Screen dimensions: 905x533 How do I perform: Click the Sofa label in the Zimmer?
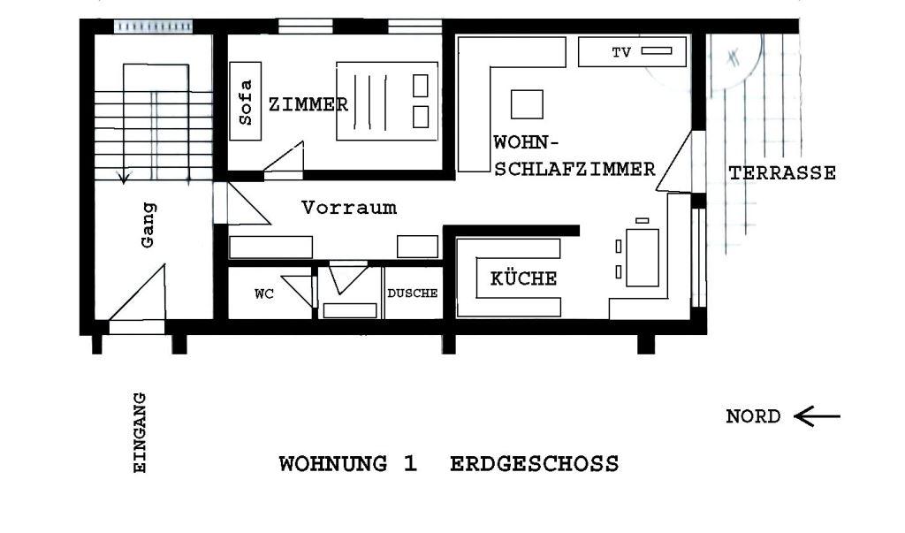(x=246, y=103)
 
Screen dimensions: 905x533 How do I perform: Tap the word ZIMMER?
(x=308, y=104)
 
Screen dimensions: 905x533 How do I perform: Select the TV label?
(x=621, y=52)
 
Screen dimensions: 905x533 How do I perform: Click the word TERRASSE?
(x=782, y=172)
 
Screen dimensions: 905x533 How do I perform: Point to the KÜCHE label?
(x=523, y=278)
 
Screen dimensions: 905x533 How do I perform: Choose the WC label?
(x=264, y=294)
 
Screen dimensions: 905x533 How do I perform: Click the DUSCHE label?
(x=412, y=293)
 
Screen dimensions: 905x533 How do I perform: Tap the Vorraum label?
(x=349, y=208)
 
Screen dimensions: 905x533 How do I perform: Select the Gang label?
(x=148, y=225)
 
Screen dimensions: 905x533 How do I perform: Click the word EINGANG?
(x=141, y=432)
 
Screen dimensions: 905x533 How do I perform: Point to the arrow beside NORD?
(x=817, y=415)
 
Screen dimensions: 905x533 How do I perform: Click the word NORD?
(x=753, y=416)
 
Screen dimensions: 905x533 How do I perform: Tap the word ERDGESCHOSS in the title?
(x=535, y=464)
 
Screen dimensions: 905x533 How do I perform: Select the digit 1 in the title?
(x=410, y=464)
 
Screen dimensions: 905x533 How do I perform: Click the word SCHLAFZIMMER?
(x=574, y=169)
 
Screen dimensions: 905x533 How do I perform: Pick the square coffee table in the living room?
(x=527, y=104)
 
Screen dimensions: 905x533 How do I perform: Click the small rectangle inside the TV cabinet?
(x=657, y=50)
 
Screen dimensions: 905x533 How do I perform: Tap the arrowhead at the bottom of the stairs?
(x=124, y=178)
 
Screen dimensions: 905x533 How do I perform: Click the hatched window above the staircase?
(x=153, y=26)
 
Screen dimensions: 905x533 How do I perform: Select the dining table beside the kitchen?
(x=643, y=257)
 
